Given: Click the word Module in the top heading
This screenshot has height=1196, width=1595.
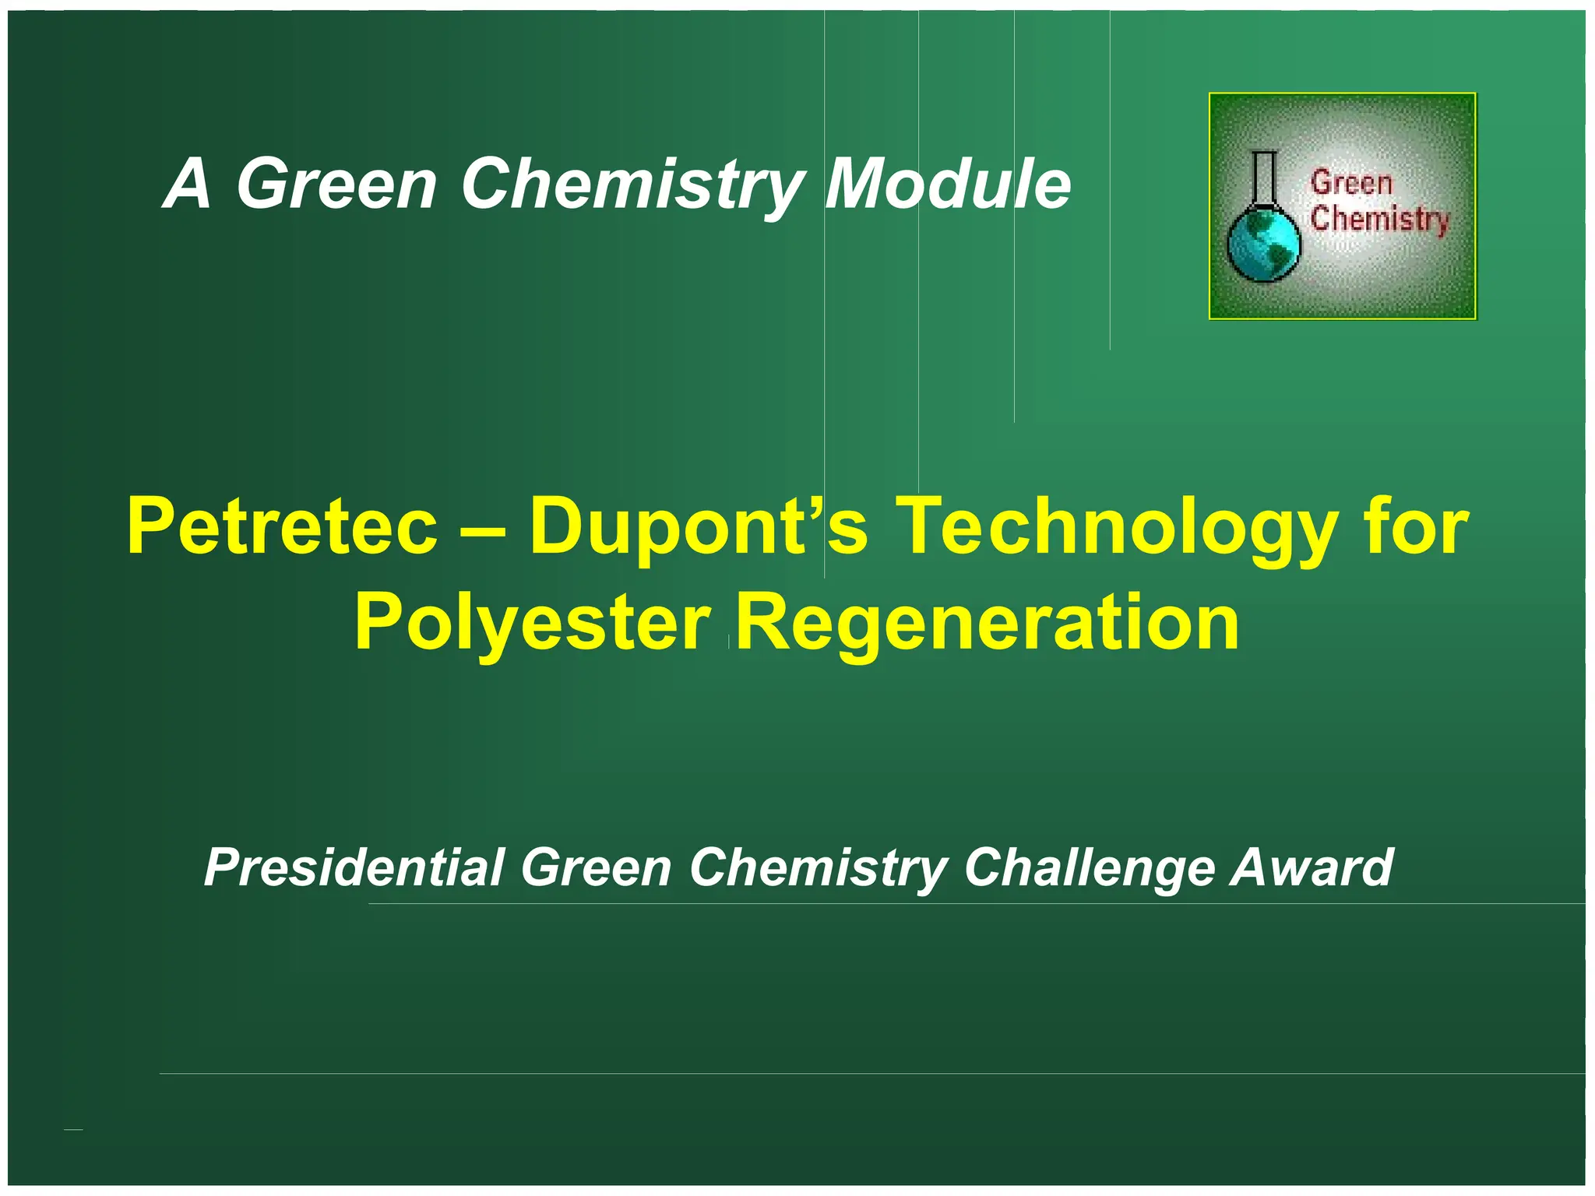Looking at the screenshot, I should pos(948,184).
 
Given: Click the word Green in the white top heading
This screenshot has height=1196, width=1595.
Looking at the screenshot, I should pos(336,184).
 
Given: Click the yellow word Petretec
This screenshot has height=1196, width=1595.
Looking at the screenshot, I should pos(282,528).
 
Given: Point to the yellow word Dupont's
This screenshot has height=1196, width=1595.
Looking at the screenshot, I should pos(699,528).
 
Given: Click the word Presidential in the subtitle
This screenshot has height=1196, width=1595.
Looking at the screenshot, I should pos(354,867).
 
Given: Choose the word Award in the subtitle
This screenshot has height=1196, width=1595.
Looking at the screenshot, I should pos(1312,867).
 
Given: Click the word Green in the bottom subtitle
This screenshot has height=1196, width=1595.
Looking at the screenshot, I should pos(596,867).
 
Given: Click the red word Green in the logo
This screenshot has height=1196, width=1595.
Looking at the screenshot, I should pos(1351,183).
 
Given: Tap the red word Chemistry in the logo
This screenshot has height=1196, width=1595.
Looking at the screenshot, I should pos(1379,219).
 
